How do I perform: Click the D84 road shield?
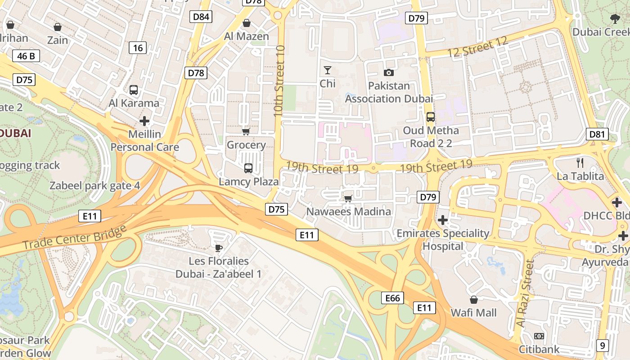(x=201, y=17)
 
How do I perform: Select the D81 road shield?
(x=598, y=134)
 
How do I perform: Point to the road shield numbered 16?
(x=138, y=48)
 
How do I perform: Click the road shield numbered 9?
(x=603, y=346)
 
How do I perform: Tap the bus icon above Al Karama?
(x=134, y=90)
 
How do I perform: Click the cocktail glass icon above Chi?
(x=328, y=70)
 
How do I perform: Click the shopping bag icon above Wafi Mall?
(x=473, y=300)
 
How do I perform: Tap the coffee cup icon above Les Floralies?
(x=219, y=247)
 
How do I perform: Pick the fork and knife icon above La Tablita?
(x=580, y=163)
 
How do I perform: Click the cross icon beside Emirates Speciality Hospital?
(x=443, y=220)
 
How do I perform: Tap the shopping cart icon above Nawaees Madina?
(x=348, y=198)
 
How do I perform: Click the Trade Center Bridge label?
(x=74, y=238)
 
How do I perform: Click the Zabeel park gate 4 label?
(x=94, y=185)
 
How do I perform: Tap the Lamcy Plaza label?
(x=248, y=182)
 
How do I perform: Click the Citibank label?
(x=539, y=349)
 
